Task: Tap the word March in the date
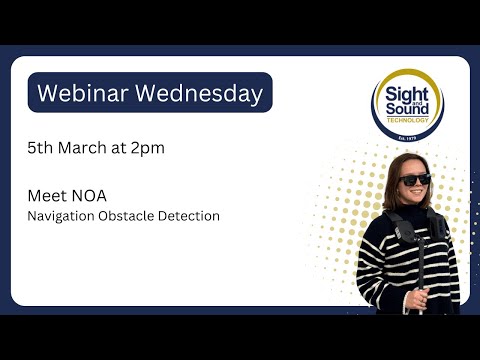point(85,147)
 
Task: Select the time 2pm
point(149,147)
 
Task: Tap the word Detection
point(192,215)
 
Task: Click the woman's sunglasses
point(413,180)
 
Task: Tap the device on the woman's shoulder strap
point(403,233)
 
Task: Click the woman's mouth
point(414,195)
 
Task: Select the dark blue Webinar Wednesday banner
point(150,93)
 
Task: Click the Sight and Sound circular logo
point(407,103)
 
